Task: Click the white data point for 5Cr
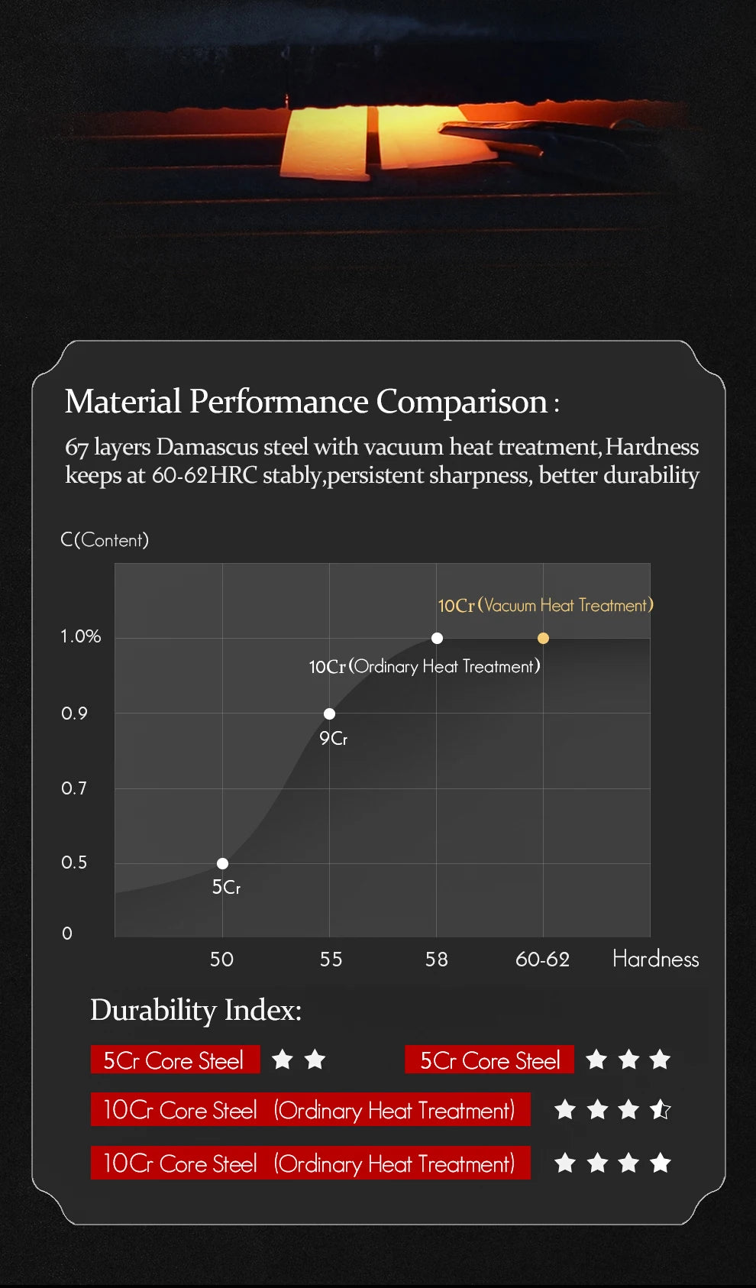point(222,863)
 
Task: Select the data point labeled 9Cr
point(329,714)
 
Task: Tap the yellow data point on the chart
point(543,638)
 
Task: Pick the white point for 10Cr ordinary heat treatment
point(437,638)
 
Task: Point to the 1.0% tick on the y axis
point(81,636)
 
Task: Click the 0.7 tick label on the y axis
point(74,788)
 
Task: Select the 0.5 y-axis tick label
point(74,862)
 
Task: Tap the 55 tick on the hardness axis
point(331,960)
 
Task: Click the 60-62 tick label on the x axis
point(542,960)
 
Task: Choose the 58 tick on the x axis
point(437,960)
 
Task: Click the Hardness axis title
point(655,959)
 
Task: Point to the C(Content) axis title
point(105,540)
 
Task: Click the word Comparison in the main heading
point(461,402)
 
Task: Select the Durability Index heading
point(195,1010)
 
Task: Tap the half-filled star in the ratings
point(661,1109)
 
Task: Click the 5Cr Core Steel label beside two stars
point(174,1060)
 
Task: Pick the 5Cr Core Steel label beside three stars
point(489,1060)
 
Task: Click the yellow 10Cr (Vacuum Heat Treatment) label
point(545,605)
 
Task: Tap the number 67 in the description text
point(76,447)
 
